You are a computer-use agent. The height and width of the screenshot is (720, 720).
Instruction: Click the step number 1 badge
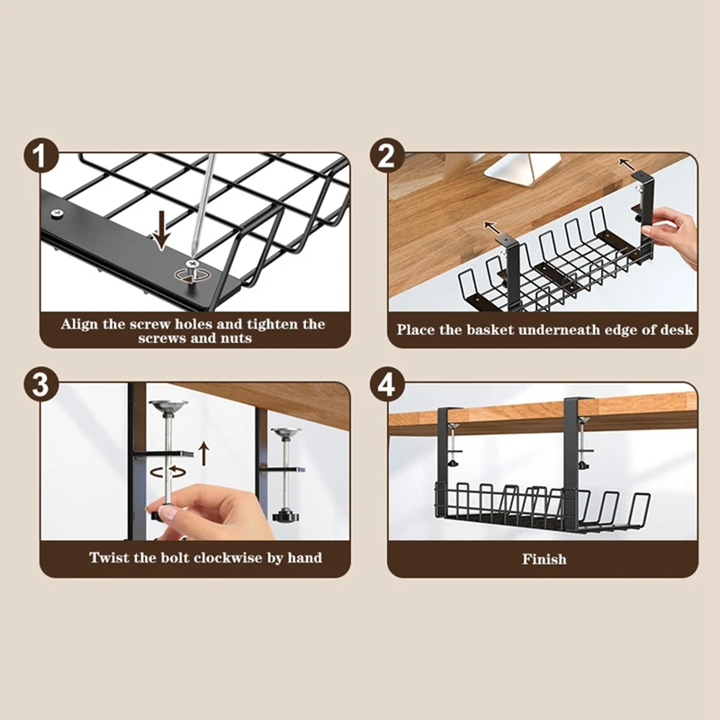pos(41,156)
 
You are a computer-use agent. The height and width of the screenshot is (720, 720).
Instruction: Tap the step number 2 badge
pos(387,156)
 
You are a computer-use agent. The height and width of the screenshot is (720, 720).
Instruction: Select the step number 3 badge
pos(41,384)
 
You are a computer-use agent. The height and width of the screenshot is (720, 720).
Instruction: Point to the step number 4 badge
pos(387,384)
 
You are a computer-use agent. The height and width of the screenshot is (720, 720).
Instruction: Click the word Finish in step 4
pos(544,559)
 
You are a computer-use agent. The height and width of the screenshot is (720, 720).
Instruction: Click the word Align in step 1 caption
pos(79,324)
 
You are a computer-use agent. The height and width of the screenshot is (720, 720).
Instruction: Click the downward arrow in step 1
pos(161,229)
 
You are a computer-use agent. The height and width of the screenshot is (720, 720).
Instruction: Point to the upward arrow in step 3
pos(204,454)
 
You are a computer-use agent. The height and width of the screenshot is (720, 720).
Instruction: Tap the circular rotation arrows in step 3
pos(168,471)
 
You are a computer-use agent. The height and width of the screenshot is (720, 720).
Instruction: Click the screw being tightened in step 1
pos(193,271)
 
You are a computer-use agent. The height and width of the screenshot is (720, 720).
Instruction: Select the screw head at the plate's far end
pos(57,213)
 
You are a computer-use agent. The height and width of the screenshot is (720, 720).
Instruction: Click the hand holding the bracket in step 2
pos(676,235)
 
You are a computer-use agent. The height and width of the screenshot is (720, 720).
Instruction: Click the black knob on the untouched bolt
pos(285,514)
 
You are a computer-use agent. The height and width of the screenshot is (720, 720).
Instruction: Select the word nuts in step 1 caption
pos(236,338)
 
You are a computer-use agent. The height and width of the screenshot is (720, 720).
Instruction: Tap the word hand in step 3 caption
pos(305,557)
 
